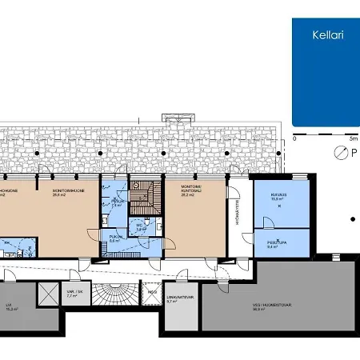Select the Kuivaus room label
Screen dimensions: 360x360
point(278,194)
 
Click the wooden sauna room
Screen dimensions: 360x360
point(144,195)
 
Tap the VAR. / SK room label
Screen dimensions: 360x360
point(73,293)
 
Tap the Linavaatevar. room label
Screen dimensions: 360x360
point(178,299)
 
